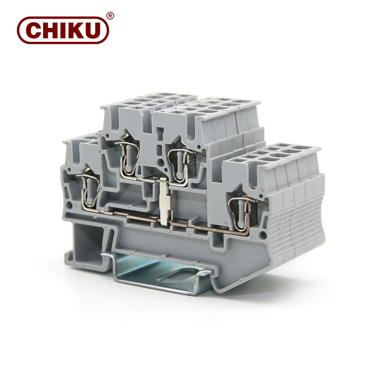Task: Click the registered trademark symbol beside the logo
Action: [x=110, y=16]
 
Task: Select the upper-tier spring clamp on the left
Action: [x=128, y=158]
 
